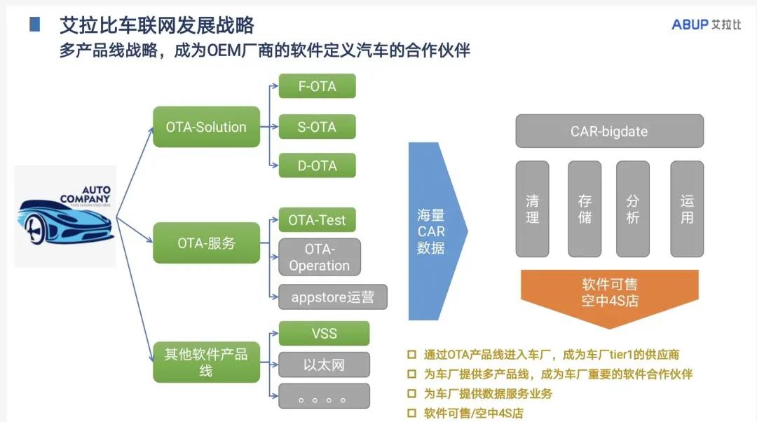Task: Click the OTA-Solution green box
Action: coord(206,127)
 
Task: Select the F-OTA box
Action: coord(317,86)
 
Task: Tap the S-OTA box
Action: coord(317,127)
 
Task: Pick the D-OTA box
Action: coord(317,165)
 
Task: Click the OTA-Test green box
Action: coord(317,220)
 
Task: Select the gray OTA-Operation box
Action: coord(319,257)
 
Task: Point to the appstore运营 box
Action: coord(333,297)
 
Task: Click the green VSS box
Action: coord(324,333)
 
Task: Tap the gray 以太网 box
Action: coord(324,365)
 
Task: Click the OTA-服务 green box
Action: coord(206,243)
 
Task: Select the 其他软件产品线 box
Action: coord(206,362)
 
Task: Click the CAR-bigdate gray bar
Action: coord(609,131)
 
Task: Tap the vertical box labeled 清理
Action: coord(533,209)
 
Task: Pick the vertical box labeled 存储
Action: coord(585,209)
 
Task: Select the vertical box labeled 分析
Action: coord(633,209)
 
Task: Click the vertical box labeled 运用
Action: coord(687,209)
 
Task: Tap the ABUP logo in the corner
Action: coord(706,25)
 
